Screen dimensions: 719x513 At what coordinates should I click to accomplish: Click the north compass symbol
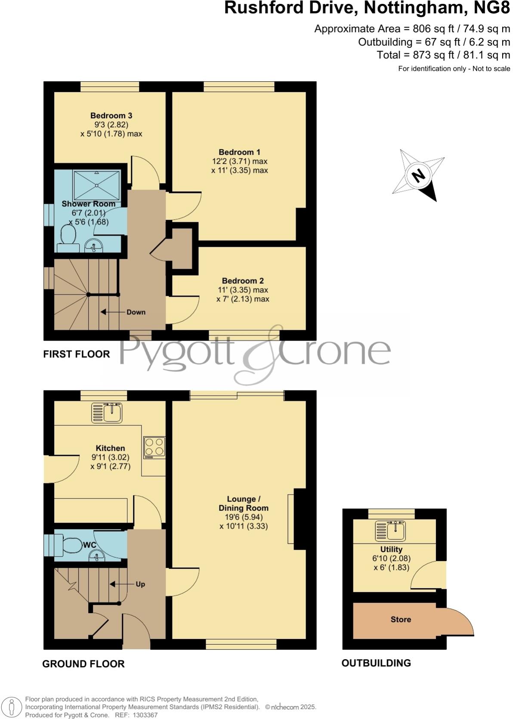pos(418,175)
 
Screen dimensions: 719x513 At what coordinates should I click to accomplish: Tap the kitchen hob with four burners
pos(155,448)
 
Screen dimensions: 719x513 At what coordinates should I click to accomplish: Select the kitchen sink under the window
pos(107,412)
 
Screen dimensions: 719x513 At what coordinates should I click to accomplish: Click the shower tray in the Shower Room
pos(96,185)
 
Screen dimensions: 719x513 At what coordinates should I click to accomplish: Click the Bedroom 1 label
pos(239,152)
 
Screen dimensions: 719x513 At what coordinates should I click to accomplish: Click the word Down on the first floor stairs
pos(136,312)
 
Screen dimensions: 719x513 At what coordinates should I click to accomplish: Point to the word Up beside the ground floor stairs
pos(140,584)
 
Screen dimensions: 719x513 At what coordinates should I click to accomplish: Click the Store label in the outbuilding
pos(401,620)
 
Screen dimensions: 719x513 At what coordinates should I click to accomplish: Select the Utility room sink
pos(390,531)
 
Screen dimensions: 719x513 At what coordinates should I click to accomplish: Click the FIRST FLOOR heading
pos(76,354)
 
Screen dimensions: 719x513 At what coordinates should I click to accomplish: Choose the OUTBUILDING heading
pos(376,663)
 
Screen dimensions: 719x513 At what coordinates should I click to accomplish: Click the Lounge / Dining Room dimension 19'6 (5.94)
pos(244,517)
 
